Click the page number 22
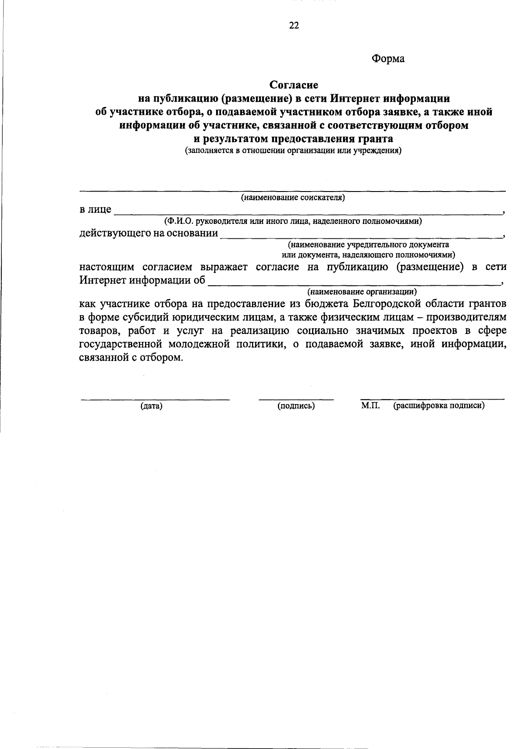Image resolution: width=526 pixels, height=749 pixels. [294, 26]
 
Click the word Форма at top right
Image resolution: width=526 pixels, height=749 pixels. [388, 59]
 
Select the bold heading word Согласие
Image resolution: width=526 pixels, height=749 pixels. [294, 84]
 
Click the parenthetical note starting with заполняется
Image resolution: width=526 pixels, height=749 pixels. [293, 152]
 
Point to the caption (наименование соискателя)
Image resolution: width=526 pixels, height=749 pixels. [293, 198]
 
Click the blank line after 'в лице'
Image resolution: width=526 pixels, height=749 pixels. [307, 212]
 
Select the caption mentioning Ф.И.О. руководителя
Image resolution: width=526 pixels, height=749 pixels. [293, 221]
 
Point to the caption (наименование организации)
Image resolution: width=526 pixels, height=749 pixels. [362, 291]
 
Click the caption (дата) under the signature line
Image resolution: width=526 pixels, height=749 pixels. [151, 406]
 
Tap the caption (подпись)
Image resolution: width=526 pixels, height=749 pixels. [296, 406]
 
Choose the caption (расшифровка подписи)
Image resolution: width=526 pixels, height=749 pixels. [439, 406]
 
